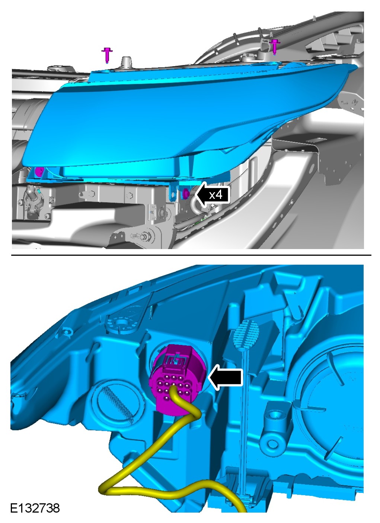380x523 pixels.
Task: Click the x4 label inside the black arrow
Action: coord(215,195)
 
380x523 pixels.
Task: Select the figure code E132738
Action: coord(35,508)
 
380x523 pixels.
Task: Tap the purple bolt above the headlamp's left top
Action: coord(107,55)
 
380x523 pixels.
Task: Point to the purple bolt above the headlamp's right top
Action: coord(275,47)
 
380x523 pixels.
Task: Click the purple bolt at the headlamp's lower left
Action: coord(39,172)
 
